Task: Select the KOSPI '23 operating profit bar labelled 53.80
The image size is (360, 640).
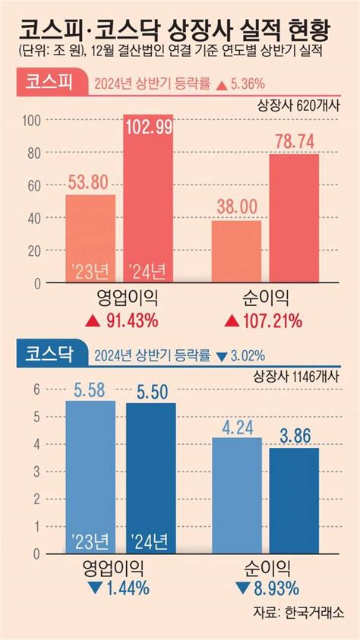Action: pos(90,238)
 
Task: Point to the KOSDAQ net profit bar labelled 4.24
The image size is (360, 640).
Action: pos(236,497)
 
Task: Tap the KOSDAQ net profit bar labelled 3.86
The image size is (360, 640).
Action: pos(294,502)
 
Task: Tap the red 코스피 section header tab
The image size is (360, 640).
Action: pos(48,83)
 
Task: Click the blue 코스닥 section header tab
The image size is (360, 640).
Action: pos(48,355)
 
